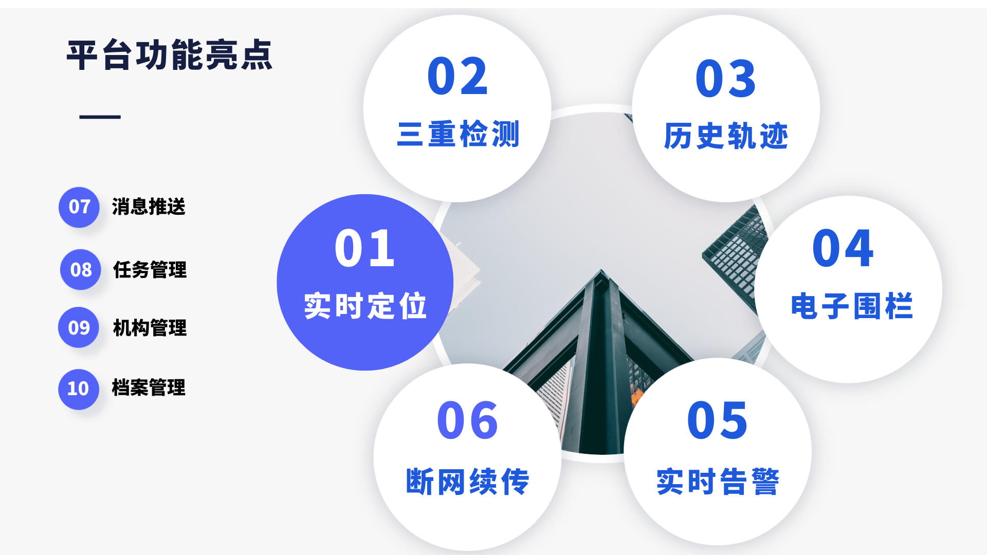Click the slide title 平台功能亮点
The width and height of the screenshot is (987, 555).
[x=170, y=55]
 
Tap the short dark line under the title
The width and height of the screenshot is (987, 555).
[x=100, y=117]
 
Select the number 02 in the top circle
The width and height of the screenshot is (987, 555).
[x=458, y=77]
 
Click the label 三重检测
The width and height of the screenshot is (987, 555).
[x=458, y=134]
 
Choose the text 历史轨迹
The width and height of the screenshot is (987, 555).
[x=726, y=136]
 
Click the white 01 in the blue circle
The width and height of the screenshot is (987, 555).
[x=364, y=248]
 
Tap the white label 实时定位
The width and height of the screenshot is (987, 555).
[x=365, y=306]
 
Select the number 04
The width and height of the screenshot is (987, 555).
[x=843, y=248]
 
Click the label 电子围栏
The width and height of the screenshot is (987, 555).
[x=852, y=306]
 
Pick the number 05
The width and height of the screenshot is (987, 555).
[x=718, y=420]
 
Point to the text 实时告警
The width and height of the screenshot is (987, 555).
[x=718, y=482]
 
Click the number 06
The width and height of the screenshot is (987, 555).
[x=467, y=420]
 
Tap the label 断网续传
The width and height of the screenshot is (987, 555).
[x=467, y=482]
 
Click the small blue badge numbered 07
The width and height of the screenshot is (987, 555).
[x=79, y=207]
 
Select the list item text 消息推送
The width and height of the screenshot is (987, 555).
[x=149, y=207]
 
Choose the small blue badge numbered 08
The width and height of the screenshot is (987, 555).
[x=81, y=270]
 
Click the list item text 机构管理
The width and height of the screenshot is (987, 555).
[x=150, y=328]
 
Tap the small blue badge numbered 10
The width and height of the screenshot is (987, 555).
[x=79, y=389]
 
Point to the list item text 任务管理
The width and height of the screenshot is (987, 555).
[x=150, y=270]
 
